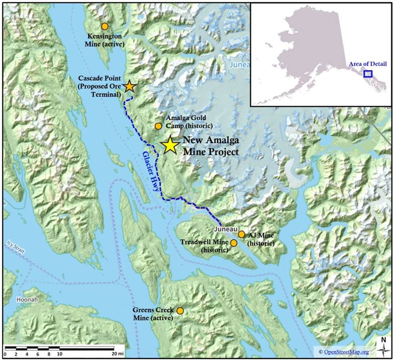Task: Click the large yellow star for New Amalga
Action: (170, 145)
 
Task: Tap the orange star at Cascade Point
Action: (129, 86)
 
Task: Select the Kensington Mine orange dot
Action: (104, 26)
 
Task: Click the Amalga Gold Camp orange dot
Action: (158, 126)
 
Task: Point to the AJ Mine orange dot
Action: (242, 234)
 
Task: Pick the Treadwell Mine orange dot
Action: (233, 243)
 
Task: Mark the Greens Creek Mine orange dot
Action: (180, 311)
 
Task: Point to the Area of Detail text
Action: (367, 64)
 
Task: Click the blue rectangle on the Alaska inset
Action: (368, 74)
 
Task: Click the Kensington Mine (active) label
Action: (104, 40)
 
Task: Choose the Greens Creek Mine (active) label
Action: (153, 314)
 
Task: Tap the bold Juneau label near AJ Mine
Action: (224, 230)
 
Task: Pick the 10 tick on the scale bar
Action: (59, 354)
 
